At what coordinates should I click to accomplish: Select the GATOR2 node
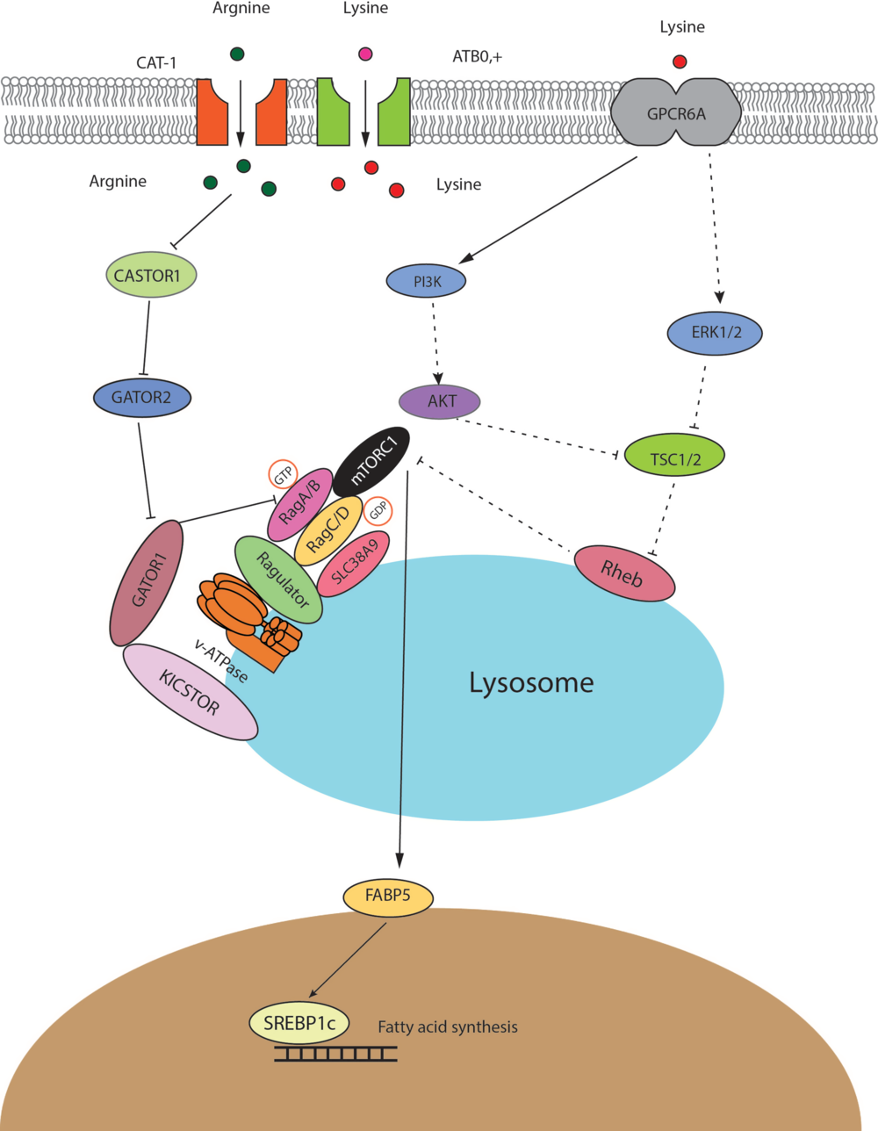point(141,398)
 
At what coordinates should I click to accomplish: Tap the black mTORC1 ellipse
point(372,461)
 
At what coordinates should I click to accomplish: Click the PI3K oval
point(427,282)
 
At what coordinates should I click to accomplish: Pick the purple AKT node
point(440,401)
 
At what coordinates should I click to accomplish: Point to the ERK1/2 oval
point(715,334)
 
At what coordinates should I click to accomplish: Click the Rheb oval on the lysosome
point(624,574)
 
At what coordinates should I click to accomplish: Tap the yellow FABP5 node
point(388,897)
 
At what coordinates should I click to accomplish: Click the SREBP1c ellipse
point(299,1022)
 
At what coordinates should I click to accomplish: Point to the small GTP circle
point(283,476)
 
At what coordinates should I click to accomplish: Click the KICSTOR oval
point(190,692)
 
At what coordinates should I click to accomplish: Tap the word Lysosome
point(531,682)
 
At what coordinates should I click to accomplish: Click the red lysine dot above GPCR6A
point(680,61)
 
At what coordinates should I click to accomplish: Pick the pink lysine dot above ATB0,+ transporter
point(365,54)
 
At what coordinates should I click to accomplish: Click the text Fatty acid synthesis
point(448,1027)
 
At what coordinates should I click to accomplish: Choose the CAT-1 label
point(156,62)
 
